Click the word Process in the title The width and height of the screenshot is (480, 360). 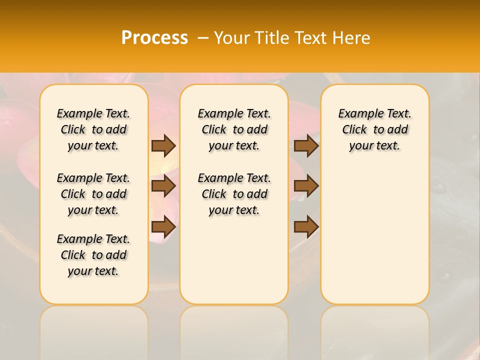click(x=154, y=38)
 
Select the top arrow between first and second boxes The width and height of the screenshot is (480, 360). click(x=163, y=145)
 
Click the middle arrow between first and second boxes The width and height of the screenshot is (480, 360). click(x=163, y=186)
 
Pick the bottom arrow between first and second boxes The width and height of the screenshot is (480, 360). click(x=163, y=227)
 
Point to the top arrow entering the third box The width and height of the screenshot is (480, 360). click(x=306, y=145)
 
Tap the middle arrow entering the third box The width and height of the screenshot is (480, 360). click(x=306, y=186)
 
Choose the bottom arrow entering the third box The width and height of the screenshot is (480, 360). click(x=306, y=227)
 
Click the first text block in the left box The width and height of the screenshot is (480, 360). click(x=93, y=129)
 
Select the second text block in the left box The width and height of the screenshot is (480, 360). click(x=93, y=194)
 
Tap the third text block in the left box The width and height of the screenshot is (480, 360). click(x=93, y=255)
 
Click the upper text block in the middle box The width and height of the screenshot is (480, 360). click(x=234, y=129)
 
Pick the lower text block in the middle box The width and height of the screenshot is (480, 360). click(x=234, y=194)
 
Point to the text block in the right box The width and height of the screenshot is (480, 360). click(x=374, y=129)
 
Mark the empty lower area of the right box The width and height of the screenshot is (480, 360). click(x=374, y=235)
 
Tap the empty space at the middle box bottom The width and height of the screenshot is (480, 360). click(x=234, y=265)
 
